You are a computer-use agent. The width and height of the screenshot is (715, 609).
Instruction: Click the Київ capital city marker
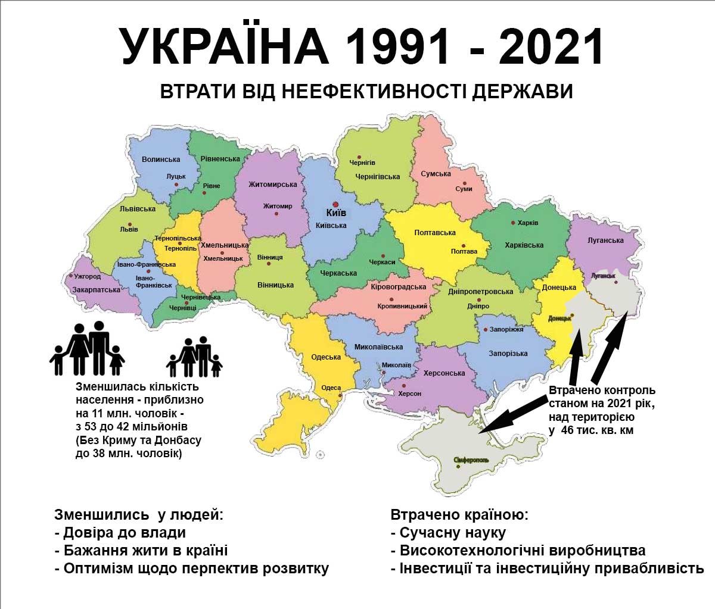[335, 203]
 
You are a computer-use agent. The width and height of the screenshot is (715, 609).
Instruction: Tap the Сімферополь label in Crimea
[471, 460]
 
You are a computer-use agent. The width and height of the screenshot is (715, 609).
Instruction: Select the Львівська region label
[137, 209]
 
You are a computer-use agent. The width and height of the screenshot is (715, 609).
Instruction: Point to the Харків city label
[527, 223]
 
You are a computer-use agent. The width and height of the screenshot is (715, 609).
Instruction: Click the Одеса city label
[331, 388]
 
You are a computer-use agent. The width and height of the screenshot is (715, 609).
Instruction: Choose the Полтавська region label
[435, 233]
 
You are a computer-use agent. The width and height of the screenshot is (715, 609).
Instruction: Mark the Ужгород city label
[87, 277]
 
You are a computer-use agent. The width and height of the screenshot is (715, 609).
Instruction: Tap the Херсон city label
[409, 393]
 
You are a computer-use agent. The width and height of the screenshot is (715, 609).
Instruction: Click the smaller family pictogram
[194, 357]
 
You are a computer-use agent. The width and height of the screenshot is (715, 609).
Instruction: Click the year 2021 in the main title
[551, 47]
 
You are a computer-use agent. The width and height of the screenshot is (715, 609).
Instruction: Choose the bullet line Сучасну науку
[448, 533]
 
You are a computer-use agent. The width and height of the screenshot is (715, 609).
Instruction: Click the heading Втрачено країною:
[459, 515]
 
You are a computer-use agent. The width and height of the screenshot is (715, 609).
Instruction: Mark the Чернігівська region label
[378, 177]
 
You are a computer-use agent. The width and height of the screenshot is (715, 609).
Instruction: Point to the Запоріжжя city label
[506, 329]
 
